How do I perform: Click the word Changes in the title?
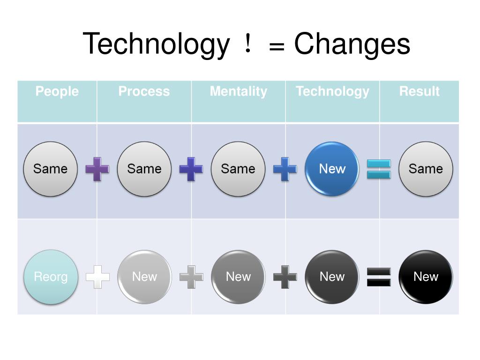(352, 45)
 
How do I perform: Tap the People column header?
(57, 91)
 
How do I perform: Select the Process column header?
(144, 91)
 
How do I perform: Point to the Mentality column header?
(238, 91)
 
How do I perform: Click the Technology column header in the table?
(332, 91)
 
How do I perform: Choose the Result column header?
(419, 91)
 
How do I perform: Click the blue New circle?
(332, 169)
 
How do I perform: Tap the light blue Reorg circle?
(51, 277)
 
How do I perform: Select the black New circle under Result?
(426, 277)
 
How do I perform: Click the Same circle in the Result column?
(426, 169)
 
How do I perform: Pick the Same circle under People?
(51, 169)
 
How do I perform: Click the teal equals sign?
(379, 169)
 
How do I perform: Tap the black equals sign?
(379, 277)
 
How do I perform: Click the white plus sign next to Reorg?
(97, 277)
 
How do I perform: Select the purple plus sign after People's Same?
(97, 169)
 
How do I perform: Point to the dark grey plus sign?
(285, 277)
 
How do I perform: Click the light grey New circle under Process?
(144, 277)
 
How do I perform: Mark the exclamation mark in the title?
(247, 45)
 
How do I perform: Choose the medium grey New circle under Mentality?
(238, 277)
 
